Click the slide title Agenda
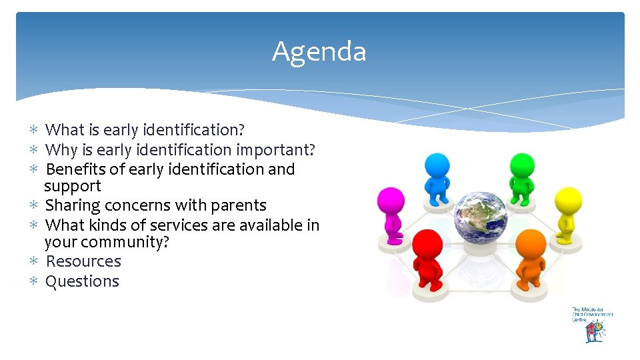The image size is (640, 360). (319, 51)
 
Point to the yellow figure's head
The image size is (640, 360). (569, 199)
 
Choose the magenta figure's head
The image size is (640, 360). (391, 200)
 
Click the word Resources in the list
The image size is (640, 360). (83, 261)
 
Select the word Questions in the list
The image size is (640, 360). (82, 281)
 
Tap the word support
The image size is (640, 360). (73, 186)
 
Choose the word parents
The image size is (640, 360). (237, 205)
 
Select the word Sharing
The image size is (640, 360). (72, 205)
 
